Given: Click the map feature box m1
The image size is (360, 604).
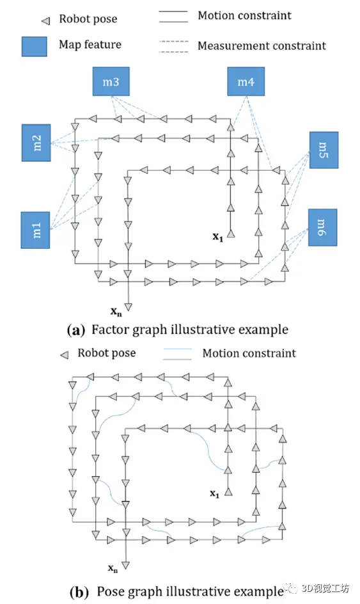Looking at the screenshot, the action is [35, 230].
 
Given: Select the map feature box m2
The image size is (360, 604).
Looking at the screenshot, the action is [36, 143].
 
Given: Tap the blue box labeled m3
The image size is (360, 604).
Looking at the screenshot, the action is [111, 81].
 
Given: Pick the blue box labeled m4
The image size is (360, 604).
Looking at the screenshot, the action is [246, 81].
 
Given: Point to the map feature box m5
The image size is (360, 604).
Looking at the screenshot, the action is [324, 150].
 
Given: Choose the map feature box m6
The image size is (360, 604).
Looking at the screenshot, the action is [323, 227].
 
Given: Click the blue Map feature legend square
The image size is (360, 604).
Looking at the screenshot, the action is [35, 47].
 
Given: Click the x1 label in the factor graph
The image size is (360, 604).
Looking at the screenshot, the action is [218, 237].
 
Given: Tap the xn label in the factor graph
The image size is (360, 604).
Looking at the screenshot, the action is [116, 311].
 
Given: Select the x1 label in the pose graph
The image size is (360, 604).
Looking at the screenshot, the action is [214, 493].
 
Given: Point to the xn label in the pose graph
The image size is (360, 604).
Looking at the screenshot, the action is [113, 568].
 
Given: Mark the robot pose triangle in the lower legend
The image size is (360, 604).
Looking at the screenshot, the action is [65, 354].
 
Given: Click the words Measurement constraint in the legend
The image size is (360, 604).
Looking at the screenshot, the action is [262, 46].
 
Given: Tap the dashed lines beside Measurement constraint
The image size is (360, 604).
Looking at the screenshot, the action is [174, 46].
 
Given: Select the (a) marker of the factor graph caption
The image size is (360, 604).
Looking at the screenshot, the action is [75, 330].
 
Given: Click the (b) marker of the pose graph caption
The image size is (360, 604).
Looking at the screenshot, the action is [79, 591].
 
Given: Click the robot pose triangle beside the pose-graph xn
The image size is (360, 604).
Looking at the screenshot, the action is [125, 566].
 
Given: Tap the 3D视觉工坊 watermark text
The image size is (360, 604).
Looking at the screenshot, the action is [325, 588].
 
